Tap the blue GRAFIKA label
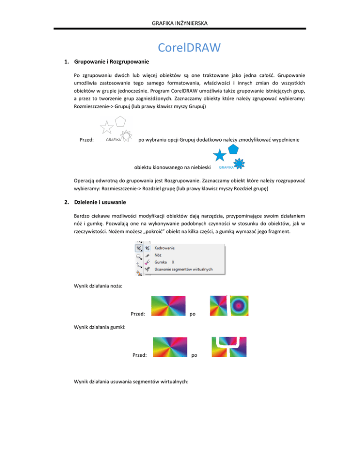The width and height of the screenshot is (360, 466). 226,167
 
